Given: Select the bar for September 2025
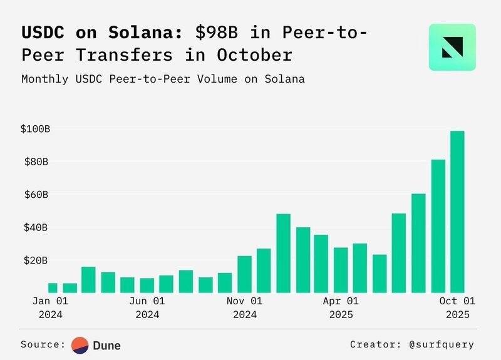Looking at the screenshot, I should pyautogui.click(x=438, y=226).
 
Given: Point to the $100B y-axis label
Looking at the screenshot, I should pyautogui.click(x=34, y=129).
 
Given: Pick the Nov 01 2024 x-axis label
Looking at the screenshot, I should pyautogui.click(x=245, y=307).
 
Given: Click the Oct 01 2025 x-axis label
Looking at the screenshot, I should pyautogui.click(x=457, y=307).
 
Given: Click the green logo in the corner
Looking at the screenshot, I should pyautogui.click(x=452, y=47).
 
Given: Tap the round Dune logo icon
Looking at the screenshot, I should pyautogui.click(x=80, y=345).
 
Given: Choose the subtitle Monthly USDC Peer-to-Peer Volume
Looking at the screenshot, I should pyautogui.click(x=163, y=80).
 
